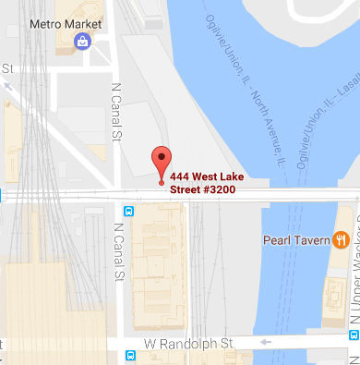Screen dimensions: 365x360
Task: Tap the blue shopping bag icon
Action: coord(82,41)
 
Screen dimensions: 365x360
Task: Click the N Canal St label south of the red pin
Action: coord(118,251)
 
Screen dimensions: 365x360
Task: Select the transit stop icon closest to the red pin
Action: coord(129,211)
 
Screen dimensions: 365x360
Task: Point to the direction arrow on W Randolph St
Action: coord(267,342)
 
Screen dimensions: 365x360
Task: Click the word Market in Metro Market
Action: coord(86,22)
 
